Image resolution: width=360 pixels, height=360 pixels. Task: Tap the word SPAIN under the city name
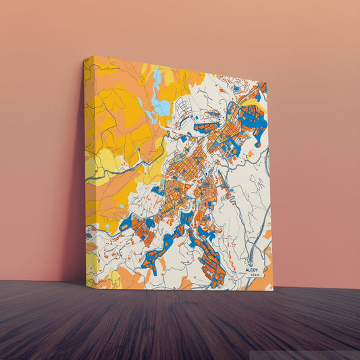click(255, 275)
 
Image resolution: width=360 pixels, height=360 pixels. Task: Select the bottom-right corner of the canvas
click(272, 290)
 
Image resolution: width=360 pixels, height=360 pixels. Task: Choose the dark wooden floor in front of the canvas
click(180, 324)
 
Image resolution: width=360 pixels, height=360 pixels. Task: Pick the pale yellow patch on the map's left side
click(101, 165)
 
